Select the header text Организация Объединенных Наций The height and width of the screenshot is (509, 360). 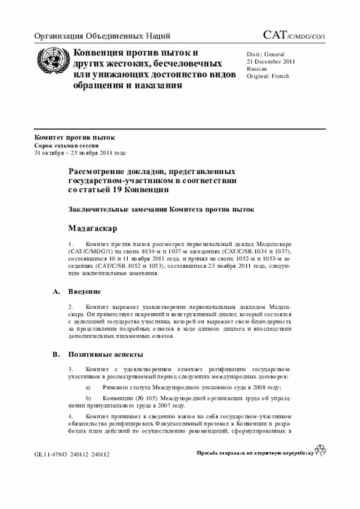tap(102, 37)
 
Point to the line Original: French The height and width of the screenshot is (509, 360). tap(268, 75)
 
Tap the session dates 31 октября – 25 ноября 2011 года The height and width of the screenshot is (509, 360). tap(80, 152)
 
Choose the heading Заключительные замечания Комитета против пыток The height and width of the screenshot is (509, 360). tap(161, 209)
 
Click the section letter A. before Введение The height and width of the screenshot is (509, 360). tap(56, 292)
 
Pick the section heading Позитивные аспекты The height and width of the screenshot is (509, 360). tap(105, 355)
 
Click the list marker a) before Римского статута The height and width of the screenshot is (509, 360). tap(88, 388)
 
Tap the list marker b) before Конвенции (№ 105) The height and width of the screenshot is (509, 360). tap(88, 398)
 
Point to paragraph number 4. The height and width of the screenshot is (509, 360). tap(70, 416)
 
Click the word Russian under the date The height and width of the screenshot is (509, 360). tap(257, 68)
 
